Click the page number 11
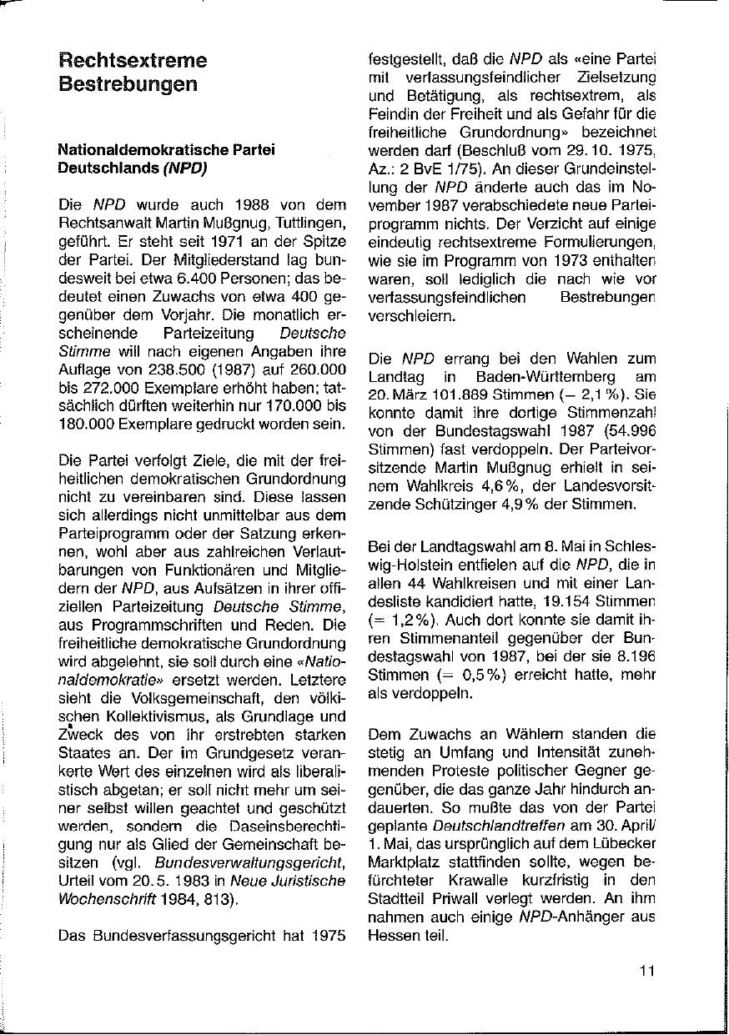[647, 970]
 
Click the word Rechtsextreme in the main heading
[133, 61]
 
